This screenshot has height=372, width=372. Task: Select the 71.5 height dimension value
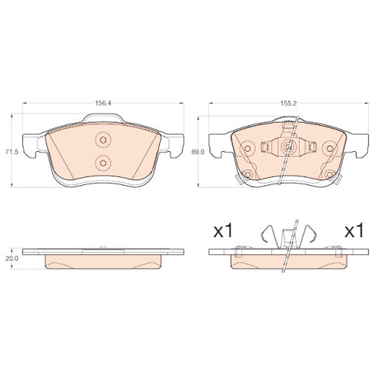[11, 152]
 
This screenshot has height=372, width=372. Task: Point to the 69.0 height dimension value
[197, 152]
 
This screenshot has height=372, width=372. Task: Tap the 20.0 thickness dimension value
[11, 258]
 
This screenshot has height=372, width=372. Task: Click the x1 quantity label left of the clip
[223, 231]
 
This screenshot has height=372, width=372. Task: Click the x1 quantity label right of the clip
[354, 231]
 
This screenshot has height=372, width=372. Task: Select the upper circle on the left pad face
[103, 140]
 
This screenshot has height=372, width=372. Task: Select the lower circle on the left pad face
[103, 163]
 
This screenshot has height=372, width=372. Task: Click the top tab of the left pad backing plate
[103, 118]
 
